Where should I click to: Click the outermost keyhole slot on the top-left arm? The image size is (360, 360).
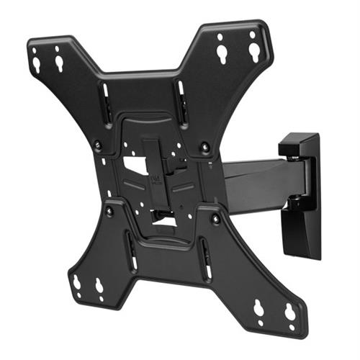(x=36, y=63)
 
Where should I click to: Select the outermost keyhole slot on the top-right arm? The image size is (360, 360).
(x=253, y=48)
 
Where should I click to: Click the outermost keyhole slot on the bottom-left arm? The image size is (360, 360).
(x=76, y=282)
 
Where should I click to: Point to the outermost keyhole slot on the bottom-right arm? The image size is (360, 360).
(x=289, y=312)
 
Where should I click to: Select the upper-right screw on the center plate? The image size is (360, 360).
(x=207, y=147)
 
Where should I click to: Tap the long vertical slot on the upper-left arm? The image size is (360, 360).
(x=105, y=97)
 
